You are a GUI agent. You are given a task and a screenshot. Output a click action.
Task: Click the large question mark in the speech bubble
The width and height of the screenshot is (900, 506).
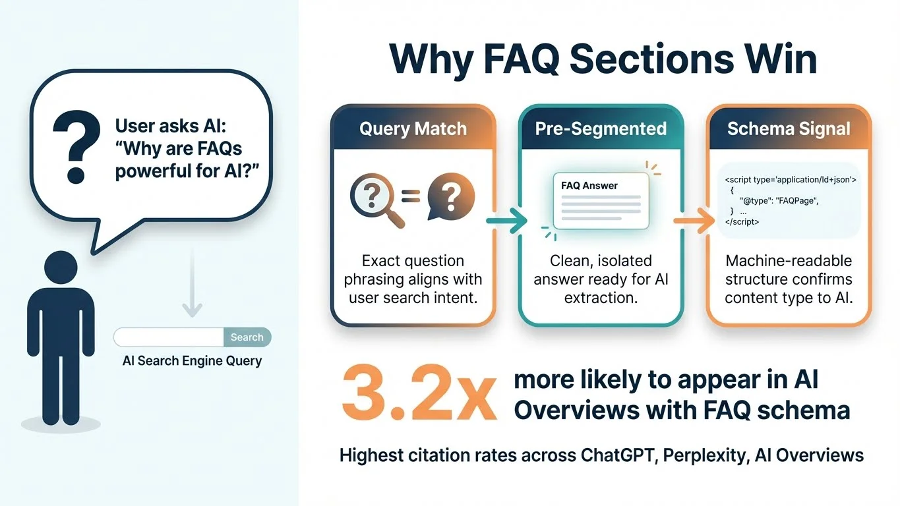tap(75, 146)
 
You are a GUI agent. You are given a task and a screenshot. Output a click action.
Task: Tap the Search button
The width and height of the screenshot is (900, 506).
tap(247, 337)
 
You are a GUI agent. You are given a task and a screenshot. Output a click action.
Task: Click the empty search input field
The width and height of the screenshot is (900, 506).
tap(169, 337)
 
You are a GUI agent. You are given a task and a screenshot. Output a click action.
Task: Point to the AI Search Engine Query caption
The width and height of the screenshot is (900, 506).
tap(192, 361)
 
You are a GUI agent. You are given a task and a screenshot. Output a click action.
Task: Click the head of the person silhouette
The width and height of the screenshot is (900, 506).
tap(61, 269)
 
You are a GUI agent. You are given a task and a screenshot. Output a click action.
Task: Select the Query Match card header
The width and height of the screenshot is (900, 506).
tap(413, 128)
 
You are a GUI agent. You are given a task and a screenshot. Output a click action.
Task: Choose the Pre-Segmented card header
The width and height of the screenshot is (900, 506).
tap(601, 128)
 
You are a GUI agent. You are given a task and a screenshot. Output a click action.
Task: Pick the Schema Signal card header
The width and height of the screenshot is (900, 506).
tap(789, 128)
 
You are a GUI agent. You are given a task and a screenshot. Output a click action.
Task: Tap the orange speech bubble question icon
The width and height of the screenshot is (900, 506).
tap(451, 198)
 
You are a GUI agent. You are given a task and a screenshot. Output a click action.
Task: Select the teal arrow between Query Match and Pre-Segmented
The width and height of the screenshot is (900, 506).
tap(506, 221)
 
